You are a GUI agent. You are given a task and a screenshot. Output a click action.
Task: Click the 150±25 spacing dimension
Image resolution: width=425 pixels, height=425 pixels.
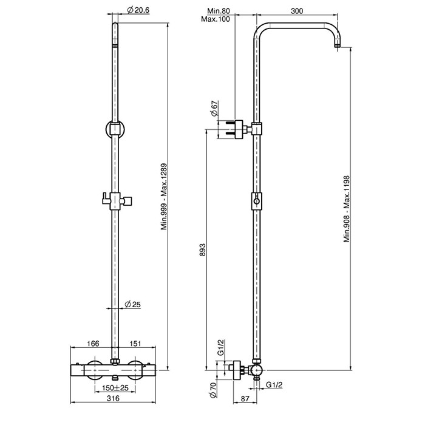114,388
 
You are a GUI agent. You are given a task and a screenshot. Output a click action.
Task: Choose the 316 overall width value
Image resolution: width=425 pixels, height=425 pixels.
114,400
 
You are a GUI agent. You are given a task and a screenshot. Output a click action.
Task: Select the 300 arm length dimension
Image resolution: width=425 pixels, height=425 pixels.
297,11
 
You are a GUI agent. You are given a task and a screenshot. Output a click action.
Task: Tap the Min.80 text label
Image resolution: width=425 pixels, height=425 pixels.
217,11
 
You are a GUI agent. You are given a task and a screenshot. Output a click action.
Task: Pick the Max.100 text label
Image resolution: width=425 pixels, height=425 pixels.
218,19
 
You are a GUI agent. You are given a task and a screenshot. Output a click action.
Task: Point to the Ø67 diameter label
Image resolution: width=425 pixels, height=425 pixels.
214,110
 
